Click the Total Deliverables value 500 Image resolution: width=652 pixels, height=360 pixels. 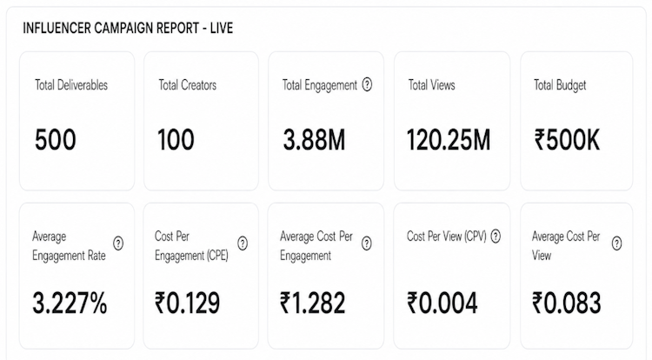[56, 140]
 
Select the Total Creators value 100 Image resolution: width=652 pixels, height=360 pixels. [176, 140]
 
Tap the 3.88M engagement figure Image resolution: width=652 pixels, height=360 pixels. [315, 140]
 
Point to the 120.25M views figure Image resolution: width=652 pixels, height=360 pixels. [449, 140]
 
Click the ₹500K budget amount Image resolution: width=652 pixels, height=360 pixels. [567, 140]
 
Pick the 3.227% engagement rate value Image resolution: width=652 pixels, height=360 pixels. [70, 303]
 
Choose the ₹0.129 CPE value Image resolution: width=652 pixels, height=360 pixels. [187, 303]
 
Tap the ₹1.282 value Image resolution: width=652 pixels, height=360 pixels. [313, 303]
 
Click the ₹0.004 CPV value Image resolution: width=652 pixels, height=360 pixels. [442, 303]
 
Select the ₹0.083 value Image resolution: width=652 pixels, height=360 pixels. [567, 303]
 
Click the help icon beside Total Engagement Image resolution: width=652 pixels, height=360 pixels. [367, 85]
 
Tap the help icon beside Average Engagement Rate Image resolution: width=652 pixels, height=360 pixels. [118, 243]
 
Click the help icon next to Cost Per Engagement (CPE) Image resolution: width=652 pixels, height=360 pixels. [243, 243]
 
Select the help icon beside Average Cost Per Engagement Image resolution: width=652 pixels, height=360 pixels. [366, 243]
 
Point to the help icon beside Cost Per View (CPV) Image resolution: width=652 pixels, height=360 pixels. [496, 237]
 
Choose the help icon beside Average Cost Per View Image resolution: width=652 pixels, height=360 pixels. [616, 243]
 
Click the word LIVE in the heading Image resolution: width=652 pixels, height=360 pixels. [222, 29]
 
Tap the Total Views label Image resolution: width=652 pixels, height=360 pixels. [431, 85]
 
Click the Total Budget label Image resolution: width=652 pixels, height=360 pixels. [560, 85]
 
